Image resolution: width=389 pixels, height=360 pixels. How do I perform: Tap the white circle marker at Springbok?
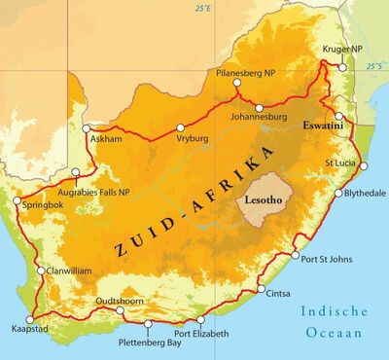17,202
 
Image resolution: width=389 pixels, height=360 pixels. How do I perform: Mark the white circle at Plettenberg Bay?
148,323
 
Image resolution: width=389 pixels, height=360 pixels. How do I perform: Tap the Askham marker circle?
87,128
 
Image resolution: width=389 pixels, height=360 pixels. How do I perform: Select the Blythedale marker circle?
337,193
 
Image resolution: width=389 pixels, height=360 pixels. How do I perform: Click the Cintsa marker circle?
260,290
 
